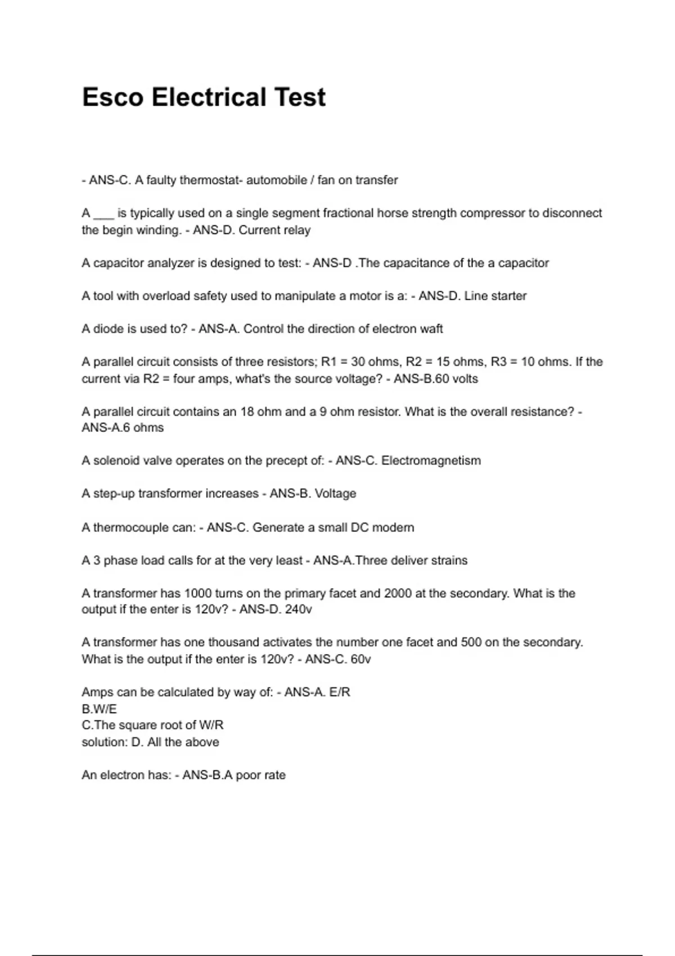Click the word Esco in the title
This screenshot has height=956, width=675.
point(112,97)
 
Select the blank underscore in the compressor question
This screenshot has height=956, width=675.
point(104,214)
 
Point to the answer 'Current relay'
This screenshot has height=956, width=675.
point(274,231)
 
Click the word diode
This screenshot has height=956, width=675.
point(108,329)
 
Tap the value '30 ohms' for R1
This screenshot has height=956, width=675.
point(375,362)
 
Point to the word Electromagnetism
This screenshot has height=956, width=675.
point(431,461)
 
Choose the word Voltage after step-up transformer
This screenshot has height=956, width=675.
point(335,494)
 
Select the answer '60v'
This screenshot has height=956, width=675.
point(361,659)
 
